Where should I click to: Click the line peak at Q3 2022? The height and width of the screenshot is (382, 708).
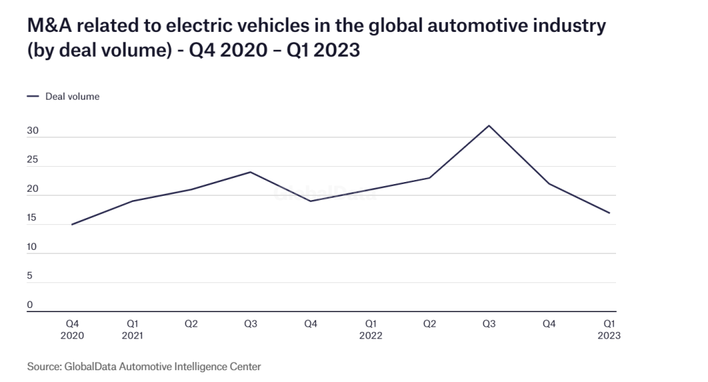pos(489,125)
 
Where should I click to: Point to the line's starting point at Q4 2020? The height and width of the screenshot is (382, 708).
pos(72,224)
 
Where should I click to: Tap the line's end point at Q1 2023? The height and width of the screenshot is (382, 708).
pos(609,212)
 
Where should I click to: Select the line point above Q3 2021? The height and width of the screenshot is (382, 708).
pos(250,172)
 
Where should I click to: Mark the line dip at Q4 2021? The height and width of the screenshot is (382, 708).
pos(310,201)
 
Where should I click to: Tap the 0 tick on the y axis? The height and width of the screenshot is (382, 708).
pos(30,304)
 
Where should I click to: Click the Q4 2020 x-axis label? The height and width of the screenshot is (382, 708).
pos(72,329)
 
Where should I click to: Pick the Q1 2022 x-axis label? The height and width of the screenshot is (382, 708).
pos(371,329)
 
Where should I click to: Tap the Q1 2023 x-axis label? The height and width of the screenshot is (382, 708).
pos(609,329)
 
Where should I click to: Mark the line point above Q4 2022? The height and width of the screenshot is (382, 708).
pos(549,183)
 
